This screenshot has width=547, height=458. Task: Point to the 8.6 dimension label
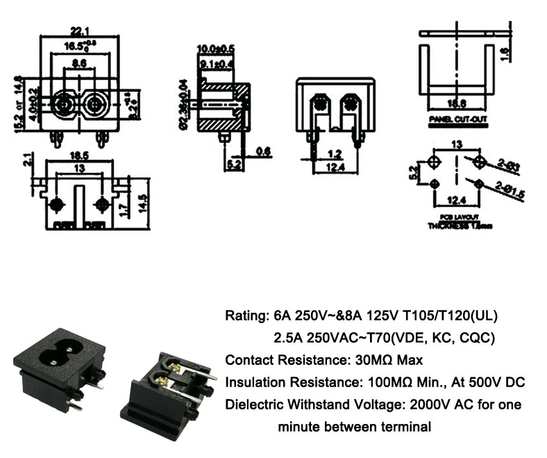point(79,63)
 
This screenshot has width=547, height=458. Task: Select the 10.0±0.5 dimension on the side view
point(216,48)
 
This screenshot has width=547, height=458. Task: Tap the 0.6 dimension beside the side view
point(263,151)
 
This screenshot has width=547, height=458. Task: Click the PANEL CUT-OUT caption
point(457,120)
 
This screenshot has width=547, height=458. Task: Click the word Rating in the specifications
point(243,316)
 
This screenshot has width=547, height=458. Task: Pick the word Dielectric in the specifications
point(252,404)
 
